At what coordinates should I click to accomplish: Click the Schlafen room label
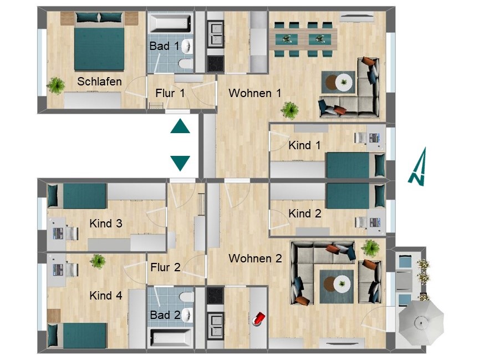click(99, 82)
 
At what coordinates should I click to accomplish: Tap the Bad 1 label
click(164, 46)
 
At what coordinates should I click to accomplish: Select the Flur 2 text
click(165, 267)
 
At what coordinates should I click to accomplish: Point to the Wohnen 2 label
click(255, 258)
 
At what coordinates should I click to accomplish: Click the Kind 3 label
click(106, 224)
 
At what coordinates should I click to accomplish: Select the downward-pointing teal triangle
click(180, 164)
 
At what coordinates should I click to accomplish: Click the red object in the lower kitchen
click(258, 319)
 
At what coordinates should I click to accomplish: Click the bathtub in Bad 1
click(170, 23)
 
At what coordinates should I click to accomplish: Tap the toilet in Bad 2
click(186, 296)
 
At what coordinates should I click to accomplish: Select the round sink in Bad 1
click(187, 46)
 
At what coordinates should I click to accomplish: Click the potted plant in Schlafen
click(55, 85)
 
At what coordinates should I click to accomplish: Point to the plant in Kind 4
click(98, 261)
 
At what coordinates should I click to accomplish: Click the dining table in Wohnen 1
click(303, 39)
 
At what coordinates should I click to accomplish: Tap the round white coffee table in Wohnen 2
click(342, 284)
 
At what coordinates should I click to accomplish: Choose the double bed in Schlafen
click(99, 42)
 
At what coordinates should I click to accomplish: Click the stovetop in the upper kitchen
click(215, 64)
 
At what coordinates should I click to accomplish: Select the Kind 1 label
click(304, 145)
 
